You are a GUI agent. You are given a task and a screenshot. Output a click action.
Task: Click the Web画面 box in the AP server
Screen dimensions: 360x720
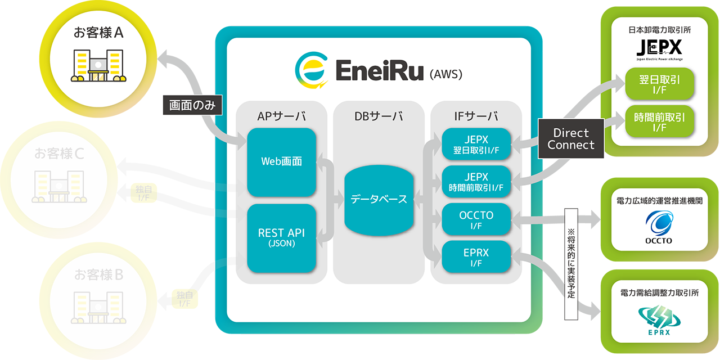pos(281,162)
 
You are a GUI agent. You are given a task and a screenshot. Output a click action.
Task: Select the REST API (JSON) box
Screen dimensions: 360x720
pos(281,238)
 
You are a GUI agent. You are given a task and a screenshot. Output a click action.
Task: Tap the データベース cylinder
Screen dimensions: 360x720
pos(378,199)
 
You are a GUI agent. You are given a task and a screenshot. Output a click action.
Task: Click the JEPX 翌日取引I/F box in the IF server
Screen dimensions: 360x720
pos(476,144)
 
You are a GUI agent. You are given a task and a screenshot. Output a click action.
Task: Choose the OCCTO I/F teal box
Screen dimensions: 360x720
pos(476,219)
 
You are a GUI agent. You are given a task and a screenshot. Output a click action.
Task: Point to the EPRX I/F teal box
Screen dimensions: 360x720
pos(476,257)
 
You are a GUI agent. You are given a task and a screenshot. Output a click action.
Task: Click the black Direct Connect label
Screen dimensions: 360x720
pos(571,139)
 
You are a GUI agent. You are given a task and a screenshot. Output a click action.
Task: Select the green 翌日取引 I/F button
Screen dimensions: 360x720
pos(659,84)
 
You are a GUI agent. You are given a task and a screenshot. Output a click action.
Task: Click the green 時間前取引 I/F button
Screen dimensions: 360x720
pos(659,122)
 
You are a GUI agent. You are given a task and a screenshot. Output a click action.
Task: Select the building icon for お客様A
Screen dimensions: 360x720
pos(98,65)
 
